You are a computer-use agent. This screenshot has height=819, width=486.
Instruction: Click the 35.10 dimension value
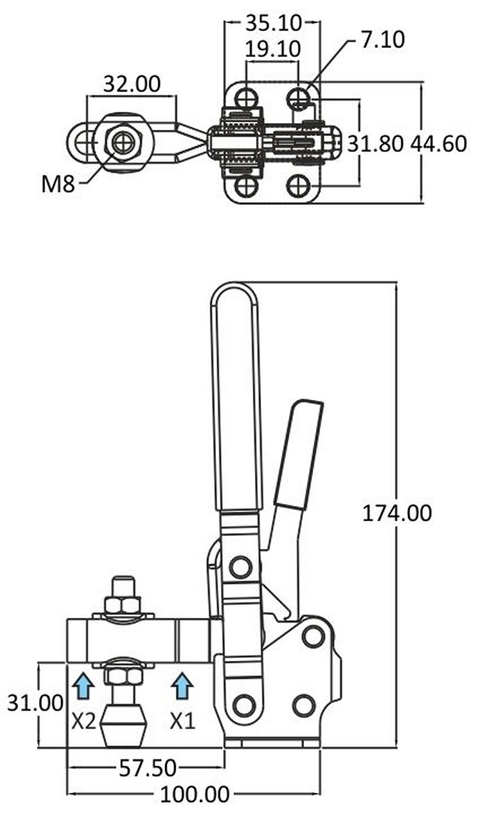274,22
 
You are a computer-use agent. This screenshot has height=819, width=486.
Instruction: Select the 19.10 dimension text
273,49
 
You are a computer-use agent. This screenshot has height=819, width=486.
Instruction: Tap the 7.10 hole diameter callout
383,40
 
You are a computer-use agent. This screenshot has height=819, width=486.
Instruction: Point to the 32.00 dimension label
132,83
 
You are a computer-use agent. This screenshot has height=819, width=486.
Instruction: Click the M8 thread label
58,183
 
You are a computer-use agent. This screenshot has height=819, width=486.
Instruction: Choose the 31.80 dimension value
375,144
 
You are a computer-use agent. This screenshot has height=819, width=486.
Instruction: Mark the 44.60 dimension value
438,144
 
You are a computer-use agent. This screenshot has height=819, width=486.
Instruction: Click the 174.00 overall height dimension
397,514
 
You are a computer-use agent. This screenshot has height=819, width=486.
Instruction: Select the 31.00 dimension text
35,702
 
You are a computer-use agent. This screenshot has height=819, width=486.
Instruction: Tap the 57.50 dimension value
148,768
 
